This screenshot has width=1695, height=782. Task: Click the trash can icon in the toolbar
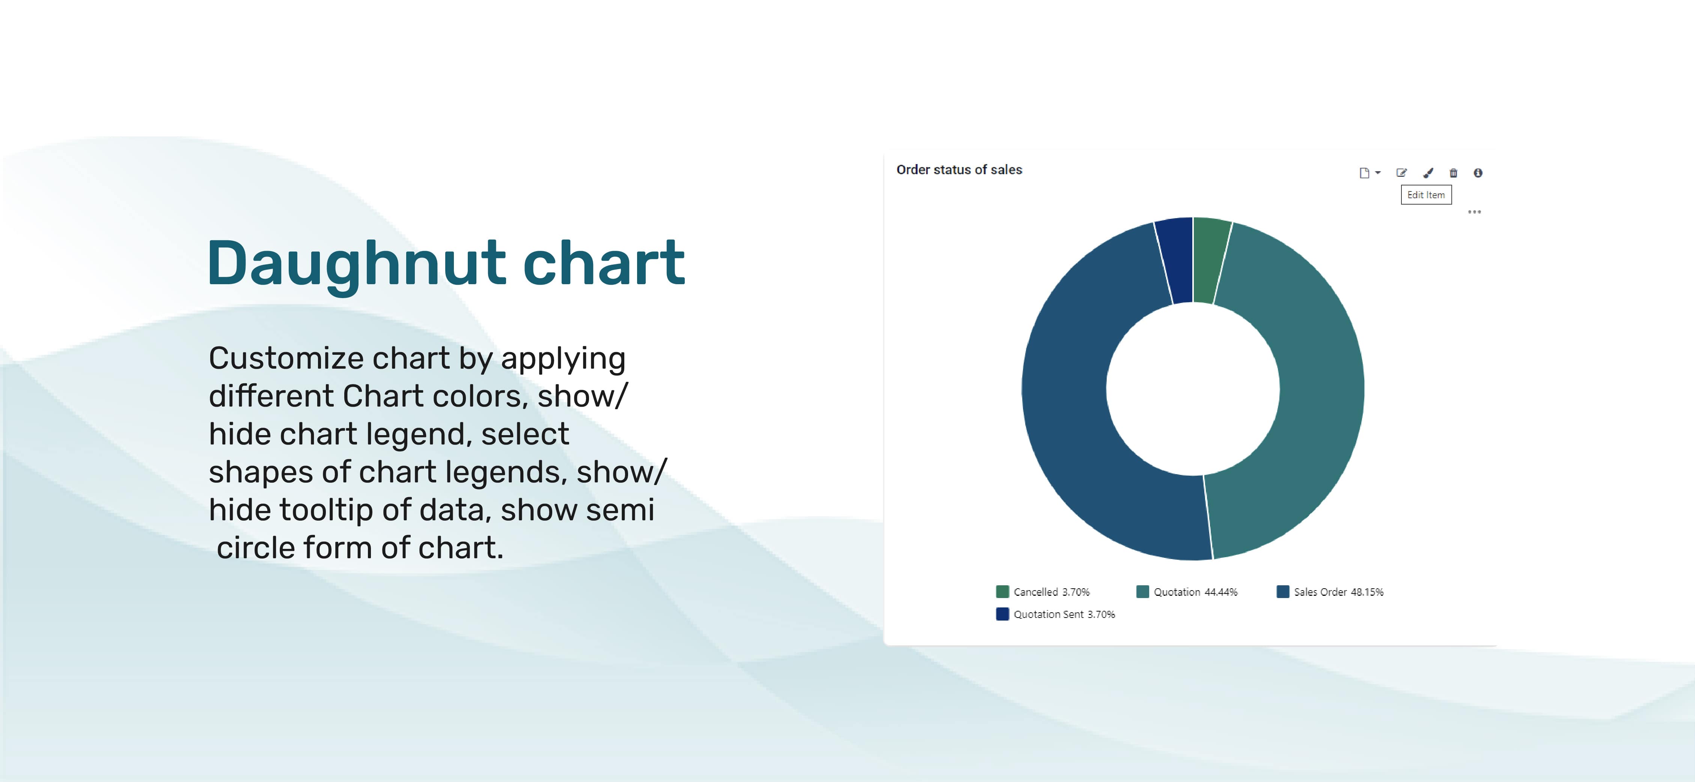pyautogui.click(x=1454, y=173)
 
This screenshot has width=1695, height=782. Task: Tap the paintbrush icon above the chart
pyautogui.click(x=1428, y=173)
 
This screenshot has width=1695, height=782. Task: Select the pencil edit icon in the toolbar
pyautogui.click(x=1401, y=173)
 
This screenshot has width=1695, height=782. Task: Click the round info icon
pyautogui.click(x=1478, y=173)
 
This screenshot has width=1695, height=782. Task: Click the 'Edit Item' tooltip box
pyautogui.click(x=1426, y=195)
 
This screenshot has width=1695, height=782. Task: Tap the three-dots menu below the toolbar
pyautogui.click(x=1475, y=212)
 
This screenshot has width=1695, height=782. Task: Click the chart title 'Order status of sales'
pyautogui.click(x=959, y=170)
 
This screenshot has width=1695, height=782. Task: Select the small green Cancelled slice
pyautogui.click(x=1209, y=261)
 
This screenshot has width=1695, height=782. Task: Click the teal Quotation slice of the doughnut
pyautogui.click(x=1309, y=388)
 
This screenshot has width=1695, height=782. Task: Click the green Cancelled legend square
pyautogui.click(x=1002, y=592)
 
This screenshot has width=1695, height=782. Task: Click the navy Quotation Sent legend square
pyautogui.click(x=1002, y=614)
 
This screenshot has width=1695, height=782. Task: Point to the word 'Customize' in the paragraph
pyautogui.click(x=286, y=359)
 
